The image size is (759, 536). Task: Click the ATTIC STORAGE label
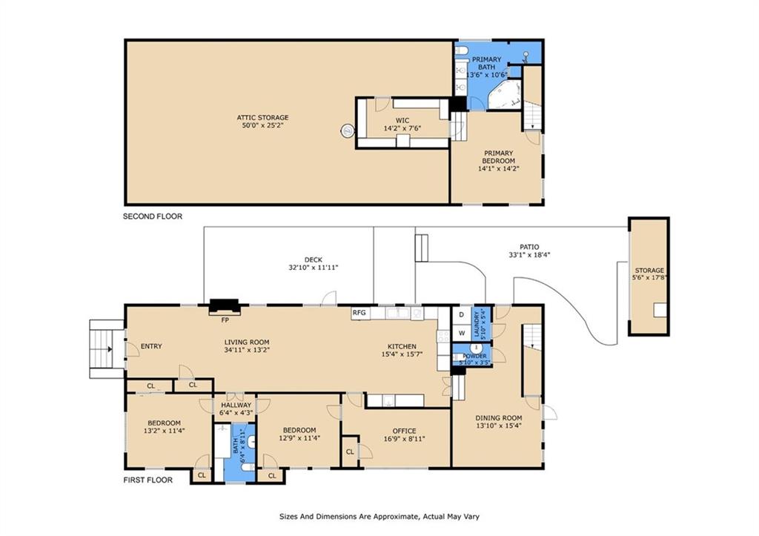pos(262,117)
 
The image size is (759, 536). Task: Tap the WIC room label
pos(402,120)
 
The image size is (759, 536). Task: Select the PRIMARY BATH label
pos(486,63)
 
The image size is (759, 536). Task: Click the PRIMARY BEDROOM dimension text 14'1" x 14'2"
pos(498,168)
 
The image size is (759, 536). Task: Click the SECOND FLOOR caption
pos(153,216)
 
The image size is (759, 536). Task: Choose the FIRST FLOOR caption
pos(148,480)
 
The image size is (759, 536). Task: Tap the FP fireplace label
pos(225,320)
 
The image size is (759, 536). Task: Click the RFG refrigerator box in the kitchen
pos(359,313)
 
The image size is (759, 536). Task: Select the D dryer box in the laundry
pos(461,315)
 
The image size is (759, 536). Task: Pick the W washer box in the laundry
pos(461,333)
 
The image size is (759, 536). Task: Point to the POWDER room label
pos(474,356)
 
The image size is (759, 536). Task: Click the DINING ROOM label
pos(499,418)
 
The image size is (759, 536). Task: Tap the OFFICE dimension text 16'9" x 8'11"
pos(404,439)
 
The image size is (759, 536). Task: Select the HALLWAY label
pos(236,405)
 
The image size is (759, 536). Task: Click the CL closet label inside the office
pos(350,451)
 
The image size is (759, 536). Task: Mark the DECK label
pos(314,259)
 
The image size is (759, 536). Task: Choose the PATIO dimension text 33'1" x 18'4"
pos(529,255)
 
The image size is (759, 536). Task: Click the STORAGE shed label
pos(649,270)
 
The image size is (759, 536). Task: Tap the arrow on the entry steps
pos(110,348)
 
